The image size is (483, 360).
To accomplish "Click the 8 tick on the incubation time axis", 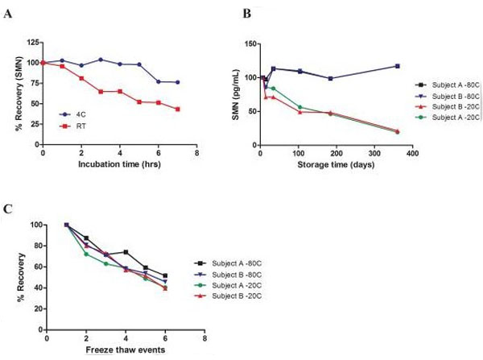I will pos(197,153).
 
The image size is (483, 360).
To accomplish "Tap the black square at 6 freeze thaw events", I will pos(165,275).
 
